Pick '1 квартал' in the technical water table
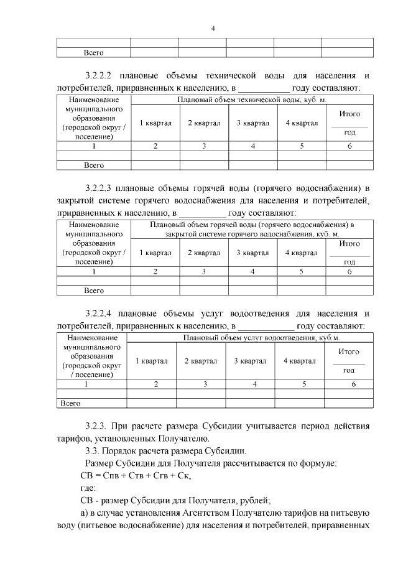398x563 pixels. pos(155,123)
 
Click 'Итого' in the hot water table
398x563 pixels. pos(349,244)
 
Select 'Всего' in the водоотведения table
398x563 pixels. pos(70,403)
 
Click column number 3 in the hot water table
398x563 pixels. pos(203,271)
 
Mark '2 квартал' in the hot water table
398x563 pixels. pos(203,253)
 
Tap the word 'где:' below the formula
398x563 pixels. pos(80,488)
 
